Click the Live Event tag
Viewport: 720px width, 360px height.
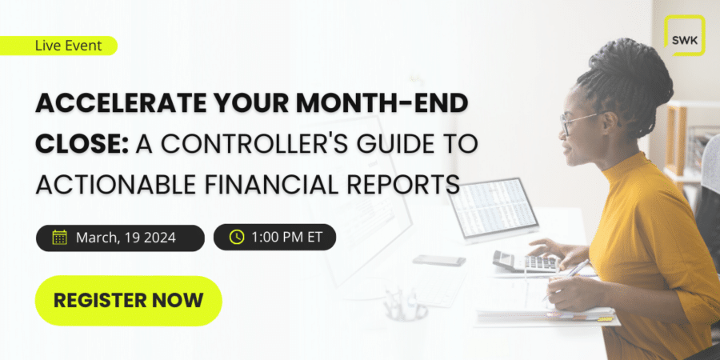click(x=58, y=46)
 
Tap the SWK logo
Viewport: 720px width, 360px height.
click(x=685, y=35)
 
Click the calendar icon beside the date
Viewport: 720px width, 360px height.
click(x=60, y=238)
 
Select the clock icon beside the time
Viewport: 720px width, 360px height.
click(x=237, y=237)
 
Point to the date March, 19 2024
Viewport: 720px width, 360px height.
click(x=126, y=238)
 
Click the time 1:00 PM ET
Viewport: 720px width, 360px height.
click(x=287, y=238)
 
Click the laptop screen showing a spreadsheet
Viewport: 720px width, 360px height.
click(x=494, y=206)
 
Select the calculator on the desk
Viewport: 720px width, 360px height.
click(x=526, y=262)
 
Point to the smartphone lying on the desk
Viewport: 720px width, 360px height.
click(x=439, y=260)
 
